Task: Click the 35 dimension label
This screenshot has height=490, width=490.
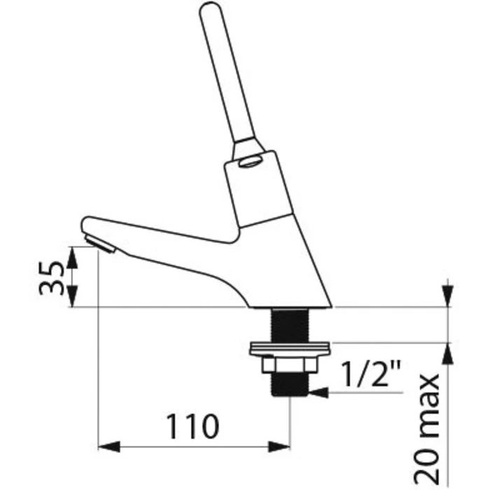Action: click(51, 277)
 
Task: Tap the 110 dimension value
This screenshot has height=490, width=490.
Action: click(192, 426)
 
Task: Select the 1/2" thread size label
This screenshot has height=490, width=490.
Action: click(371, 374)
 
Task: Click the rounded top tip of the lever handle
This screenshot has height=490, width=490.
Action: click(209, 7)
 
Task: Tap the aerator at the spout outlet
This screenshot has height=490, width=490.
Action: click(100, 244)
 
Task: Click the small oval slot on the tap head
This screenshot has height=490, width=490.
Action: click(249, 162)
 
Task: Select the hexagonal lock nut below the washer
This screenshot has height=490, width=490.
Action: click(289, 364)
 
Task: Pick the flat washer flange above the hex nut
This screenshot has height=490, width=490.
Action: click(290, 349)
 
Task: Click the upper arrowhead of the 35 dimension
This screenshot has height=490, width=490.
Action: click(72, 257)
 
